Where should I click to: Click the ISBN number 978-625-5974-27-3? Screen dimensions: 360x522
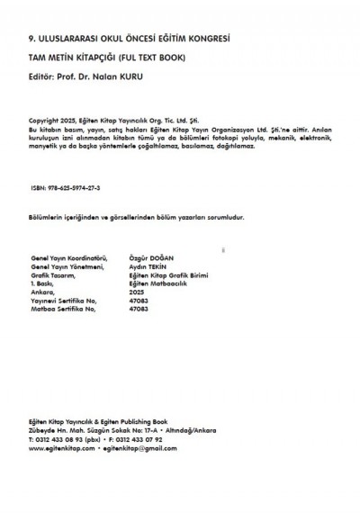point(73,189)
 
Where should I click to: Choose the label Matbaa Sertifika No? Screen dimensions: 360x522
point(66,309)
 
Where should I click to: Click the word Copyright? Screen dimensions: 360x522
point(46,121)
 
